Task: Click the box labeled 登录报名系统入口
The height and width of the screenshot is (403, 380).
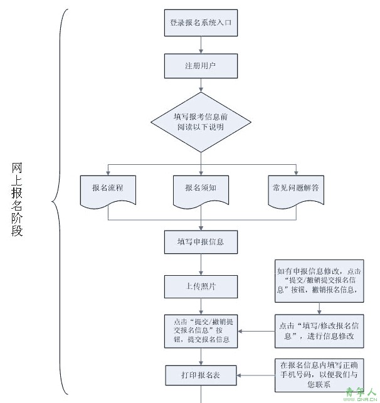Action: pos(201,23)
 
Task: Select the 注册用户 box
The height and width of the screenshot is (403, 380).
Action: pos(201,66)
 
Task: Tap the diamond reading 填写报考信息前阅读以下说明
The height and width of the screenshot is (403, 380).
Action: pos(201,122)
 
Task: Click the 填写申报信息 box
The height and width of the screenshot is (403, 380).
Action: pos(201,242)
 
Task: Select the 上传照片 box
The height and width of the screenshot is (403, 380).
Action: pos(201,286)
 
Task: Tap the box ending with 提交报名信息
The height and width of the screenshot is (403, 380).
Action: pos(201,331)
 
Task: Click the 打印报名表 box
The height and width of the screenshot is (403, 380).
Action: pos(201,375)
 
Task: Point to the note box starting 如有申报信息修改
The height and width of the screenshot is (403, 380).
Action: pos(319,281)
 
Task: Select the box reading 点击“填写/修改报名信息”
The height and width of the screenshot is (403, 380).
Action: pos(319,331)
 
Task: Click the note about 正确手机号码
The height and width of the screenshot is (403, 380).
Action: pos(319,375)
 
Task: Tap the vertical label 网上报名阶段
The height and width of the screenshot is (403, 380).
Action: pos(17,199)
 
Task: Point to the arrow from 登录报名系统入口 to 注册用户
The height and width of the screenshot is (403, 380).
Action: pos(201,45)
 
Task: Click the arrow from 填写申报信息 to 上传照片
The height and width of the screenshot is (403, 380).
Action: pos(201,264)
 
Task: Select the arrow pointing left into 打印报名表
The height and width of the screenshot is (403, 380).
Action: pos(256,375)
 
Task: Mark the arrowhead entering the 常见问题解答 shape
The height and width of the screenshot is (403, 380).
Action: pos(296,173)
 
